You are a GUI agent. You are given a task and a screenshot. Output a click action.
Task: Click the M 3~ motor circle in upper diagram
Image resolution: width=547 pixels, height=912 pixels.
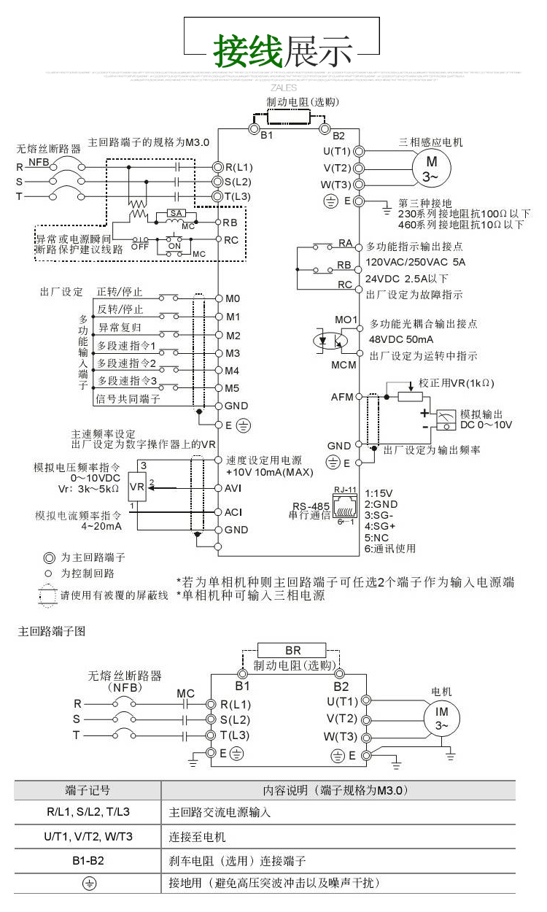(432, 169)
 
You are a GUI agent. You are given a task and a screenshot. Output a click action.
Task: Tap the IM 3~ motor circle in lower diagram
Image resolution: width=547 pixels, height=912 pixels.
(442, 717)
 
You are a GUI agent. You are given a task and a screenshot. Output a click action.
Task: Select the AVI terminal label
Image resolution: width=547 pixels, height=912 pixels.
(233, 487)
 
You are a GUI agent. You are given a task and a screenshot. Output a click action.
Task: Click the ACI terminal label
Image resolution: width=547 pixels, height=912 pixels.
(233, 512)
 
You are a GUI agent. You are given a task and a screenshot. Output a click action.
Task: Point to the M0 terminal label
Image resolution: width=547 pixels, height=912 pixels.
(233, 299)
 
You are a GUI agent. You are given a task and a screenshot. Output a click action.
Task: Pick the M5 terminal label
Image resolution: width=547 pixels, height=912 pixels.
(233, 388)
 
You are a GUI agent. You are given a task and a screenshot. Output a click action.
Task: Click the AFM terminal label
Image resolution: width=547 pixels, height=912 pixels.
(342, 398)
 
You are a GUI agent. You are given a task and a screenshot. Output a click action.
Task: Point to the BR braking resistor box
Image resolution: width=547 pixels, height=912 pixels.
(292, 650)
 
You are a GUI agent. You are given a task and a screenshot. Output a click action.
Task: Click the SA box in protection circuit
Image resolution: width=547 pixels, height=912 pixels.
(175, 212)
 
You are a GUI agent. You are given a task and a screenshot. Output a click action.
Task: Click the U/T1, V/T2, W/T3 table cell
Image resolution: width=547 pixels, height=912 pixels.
(88, 836)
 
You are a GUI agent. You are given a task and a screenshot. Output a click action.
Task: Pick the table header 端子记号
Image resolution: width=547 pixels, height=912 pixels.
(88, 790)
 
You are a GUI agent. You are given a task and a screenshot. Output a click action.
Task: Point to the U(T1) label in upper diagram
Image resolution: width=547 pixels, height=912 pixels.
(337, 151)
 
